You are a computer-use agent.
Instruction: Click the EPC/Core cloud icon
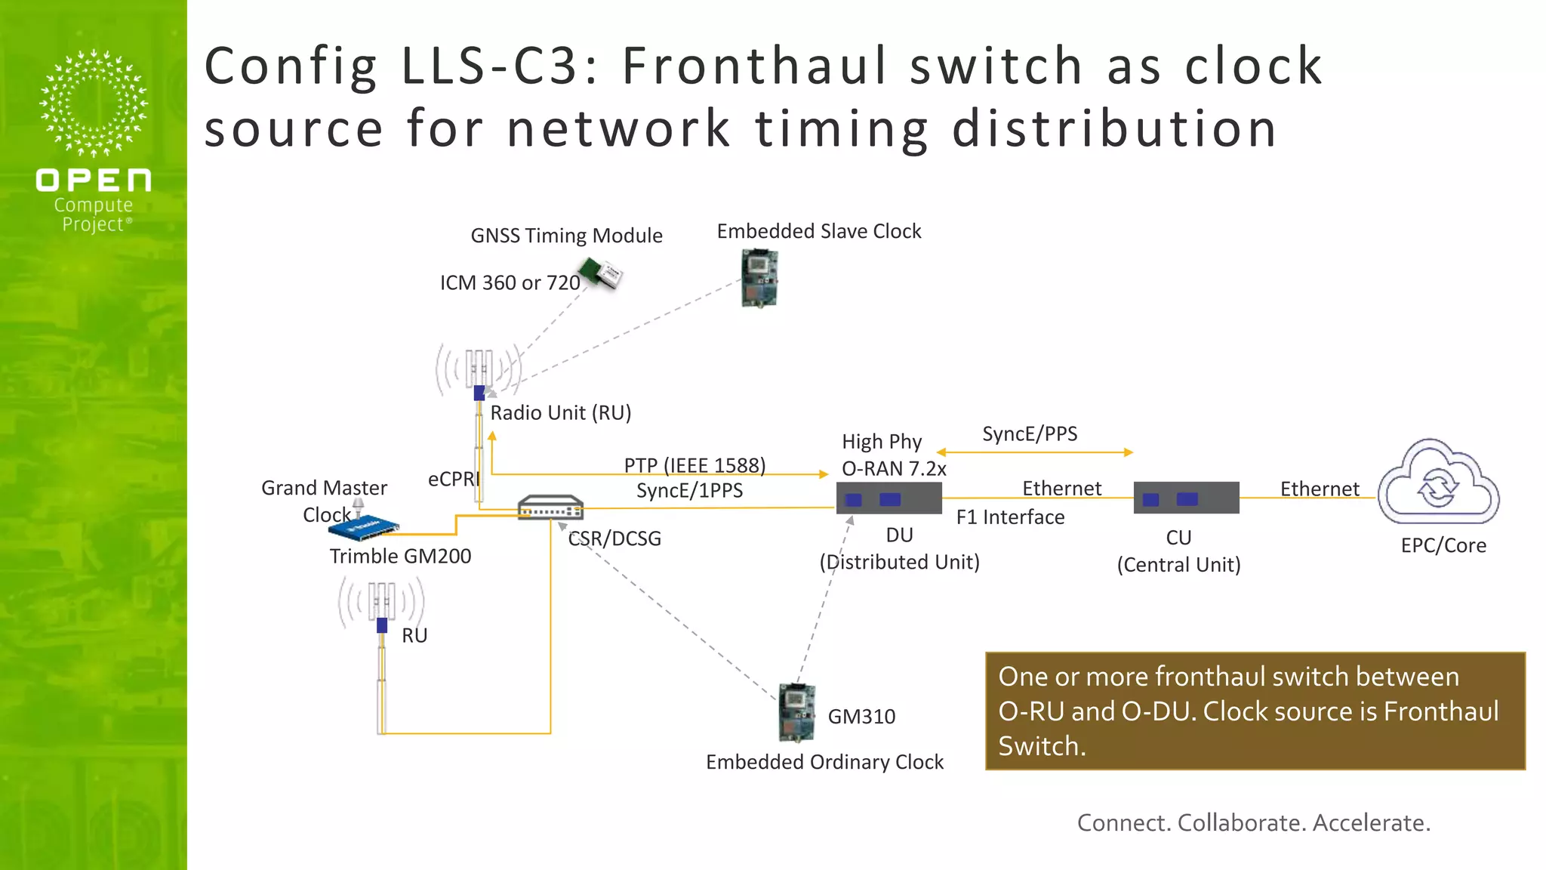coord(1438,483)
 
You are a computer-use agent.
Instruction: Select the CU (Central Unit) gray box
coord(1186,498)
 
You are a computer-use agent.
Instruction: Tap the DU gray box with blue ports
coord(888,498)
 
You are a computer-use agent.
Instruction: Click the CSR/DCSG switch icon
coord(550,507)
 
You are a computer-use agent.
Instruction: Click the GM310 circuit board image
coord(797,713)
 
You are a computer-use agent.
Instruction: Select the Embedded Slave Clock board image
coord(759,279)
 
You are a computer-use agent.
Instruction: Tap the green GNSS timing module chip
coord(601,273)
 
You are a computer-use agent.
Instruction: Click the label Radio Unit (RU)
coord(560,412)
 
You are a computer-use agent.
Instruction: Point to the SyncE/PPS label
coord(1030,433)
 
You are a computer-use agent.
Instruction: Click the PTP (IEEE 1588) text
coord(694,464)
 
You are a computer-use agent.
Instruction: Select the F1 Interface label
coord(1010,517)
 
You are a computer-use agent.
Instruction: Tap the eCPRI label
coord(453,479)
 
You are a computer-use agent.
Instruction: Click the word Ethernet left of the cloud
coord(1319,489)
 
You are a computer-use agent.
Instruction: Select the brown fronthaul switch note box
coord(1255,711)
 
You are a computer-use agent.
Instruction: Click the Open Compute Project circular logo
coord(94,103)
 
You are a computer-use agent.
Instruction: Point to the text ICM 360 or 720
coord(510,282)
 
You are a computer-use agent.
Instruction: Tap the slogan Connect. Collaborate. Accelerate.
coord(1253,822)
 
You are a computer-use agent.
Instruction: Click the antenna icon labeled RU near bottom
coord(381,604)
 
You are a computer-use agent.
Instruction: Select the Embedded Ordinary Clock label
coord(824,762)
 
